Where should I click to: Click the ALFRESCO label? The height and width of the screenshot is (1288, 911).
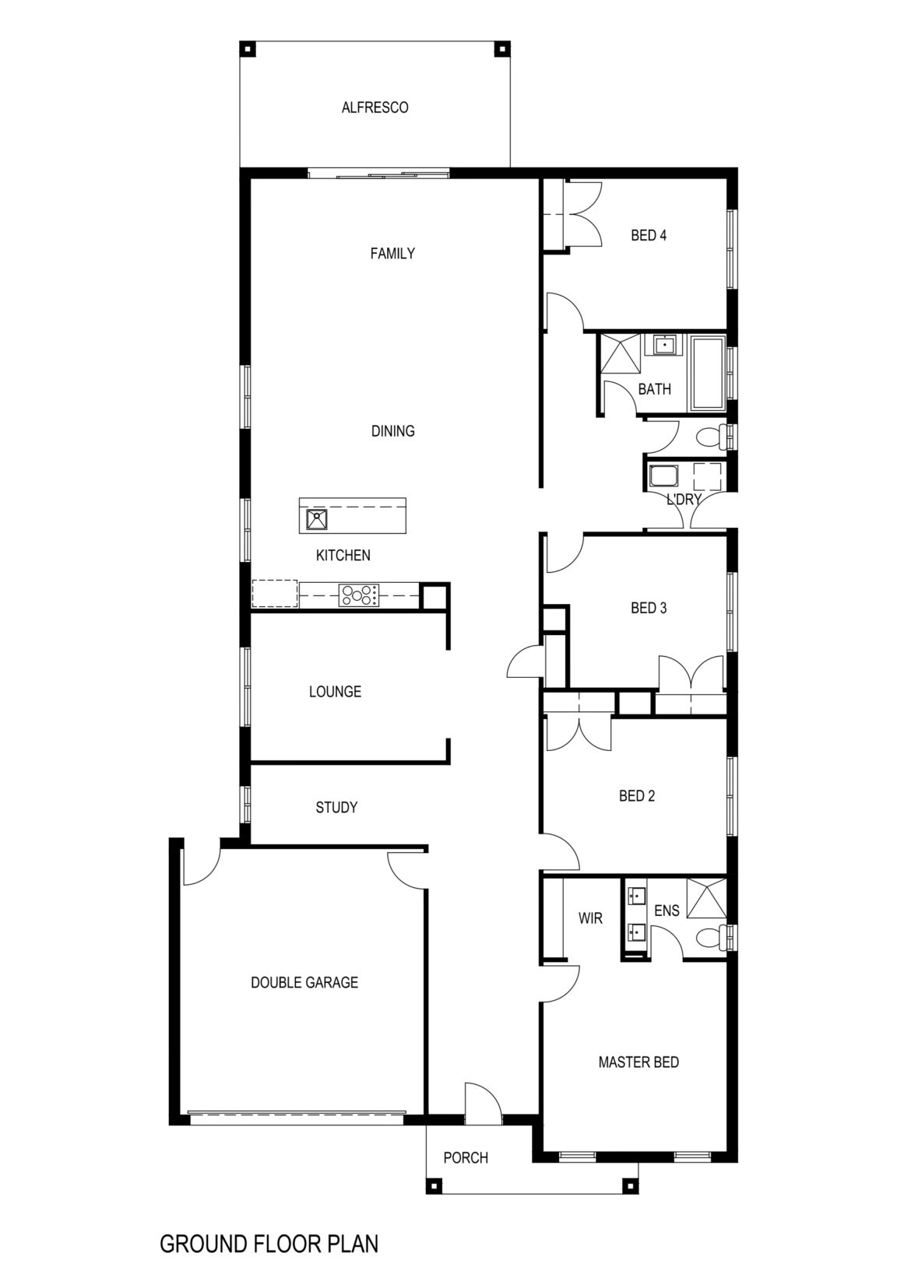click(x=375, y=107)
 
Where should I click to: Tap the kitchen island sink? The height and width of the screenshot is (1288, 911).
click(x=317, y=519)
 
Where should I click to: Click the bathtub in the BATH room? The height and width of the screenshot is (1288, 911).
click(x=707, y=373)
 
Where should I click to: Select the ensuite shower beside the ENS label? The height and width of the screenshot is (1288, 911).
click(x=705, y=898)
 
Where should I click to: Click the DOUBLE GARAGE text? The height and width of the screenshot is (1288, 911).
click(x=304, y=982)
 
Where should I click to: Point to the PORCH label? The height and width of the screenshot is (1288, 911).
click(x=466, y=1157)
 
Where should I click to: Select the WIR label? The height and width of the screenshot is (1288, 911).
click(x=590, y=918)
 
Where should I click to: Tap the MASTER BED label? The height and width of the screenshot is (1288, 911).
click(x=638, y=1062)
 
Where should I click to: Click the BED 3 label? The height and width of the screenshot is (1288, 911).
click(x=648, y=608)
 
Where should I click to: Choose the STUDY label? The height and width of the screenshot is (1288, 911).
click(x=336, y=807)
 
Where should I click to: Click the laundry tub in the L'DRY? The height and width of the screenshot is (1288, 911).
click(x=664, y=476)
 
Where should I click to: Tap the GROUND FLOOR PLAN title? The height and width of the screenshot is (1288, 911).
click(x=269, y=1243)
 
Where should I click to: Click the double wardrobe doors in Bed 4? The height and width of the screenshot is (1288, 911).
click(x=584, y=215)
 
